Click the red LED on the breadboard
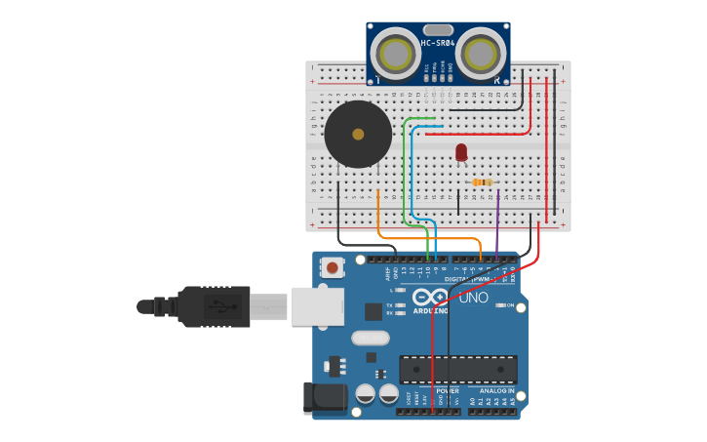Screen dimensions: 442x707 pos(461,151)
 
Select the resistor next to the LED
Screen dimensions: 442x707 pos(482,182)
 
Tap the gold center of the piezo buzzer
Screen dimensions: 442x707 pos(358,135)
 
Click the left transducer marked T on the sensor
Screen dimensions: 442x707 pos(395,53)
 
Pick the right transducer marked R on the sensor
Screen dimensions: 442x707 pos(483,53)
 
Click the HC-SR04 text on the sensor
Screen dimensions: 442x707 pos(438,43)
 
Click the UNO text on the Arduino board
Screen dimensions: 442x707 pos(473,298)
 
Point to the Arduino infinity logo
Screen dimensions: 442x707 pos(430,297)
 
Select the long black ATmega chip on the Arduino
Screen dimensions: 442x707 pos(458,370)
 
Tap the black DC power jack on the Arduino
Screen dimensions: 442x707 pos(325,398)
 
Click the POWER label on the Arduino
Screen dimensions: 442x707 pos(448,390)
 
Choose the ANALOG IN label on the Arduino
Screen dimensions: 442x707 pos(496,390)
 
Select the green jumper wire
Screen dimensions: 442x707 pos(405,166)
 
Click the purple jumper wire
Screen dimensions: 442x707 pos(497,220)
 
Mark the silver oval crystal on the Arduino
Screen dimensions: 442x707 pos(370,338)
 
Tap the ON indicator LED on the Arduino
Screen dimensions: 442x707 pos(501,305)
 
